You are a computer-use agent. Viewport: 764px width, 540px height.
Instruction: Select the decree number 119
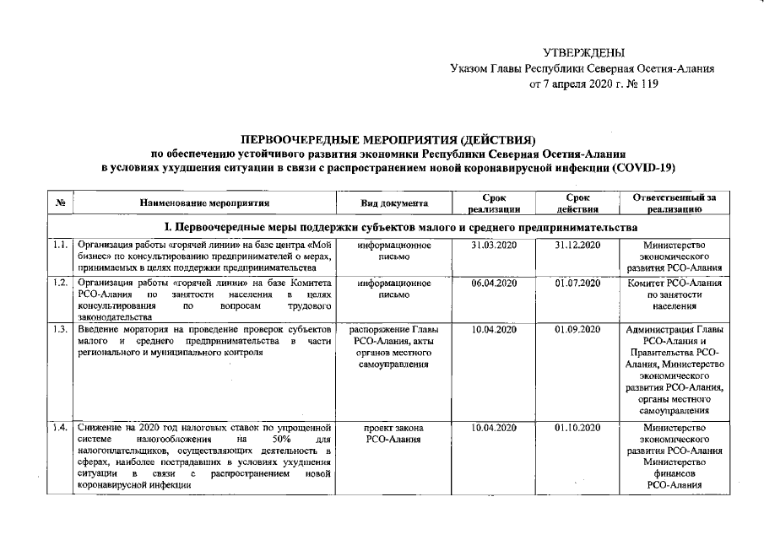pos(648,84)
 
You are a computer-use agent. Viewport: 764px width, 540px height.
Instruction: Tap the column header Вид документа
pos(394,203)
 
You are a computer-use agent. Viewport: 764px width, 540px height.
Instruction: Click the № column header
pos(61,203)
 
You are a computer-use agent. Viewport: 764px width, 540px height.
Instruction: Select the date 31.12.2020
pos(577,245)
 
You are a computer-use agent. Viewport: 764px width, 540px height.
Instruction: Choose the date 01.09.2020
pos(577,329)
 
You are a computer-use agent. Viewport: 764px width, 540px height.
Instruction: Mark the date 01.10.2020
pos(577,428)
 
